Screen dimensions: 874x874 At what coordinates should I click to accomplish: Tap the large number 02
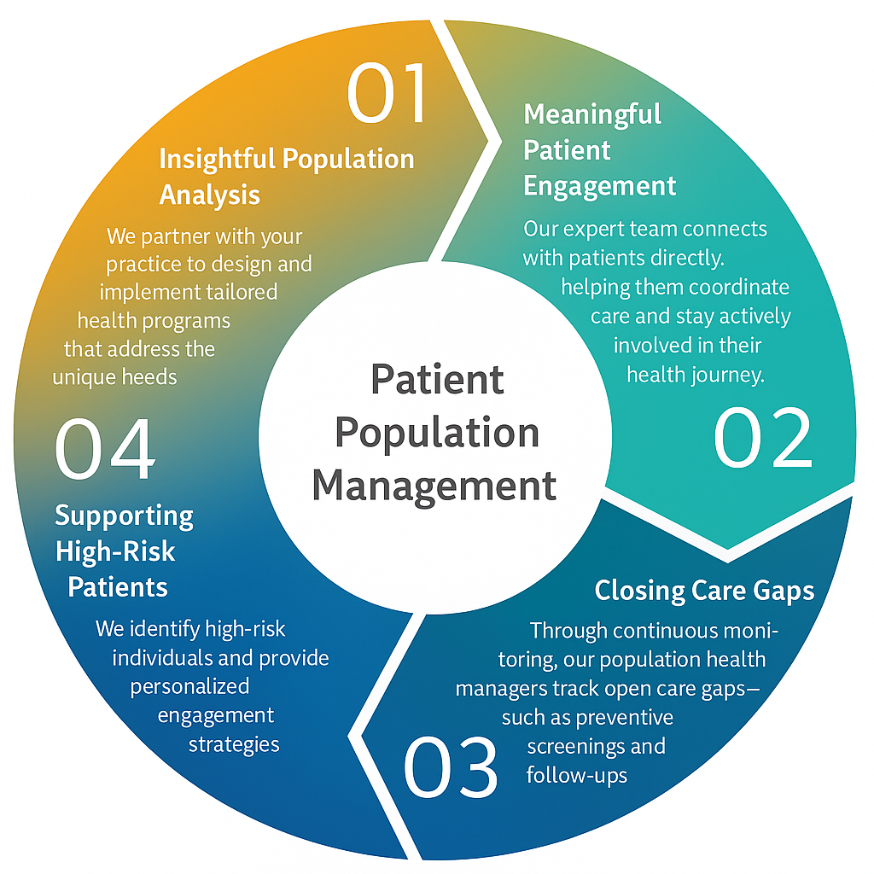(762, 438)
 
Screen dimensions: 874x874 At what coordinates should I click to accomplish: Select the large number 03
(450, 766)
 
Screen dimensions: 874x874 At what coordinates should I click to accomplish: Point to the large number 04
(105, 449)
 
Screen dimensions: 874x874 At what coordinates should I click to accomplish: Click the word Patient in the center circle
(436, 379)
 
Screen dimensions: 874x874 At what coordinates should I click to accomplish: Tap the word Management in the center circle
(434, 485)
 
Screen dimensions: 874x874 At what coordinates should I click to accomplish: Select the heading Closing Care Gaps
(704, 591)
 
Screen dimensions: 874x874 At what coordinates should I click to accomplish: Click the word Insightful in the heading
(217, 159)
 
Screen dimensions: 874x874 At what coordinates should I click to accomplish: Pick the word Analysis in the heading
(210, 195)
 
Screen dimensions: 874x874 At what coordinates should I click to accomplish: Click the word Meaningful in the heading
(592, 114)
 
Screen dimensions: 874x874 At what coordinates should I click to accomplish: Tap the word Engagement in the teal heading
(599, 185)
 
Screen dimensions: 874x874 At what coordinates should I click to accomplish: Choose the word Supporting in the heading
(125, 516)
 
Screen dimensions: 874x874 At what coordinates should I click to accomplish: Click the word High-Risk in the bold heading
(115, 551)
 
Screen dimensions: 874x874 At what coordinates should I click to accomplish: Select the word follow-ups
(577, 775)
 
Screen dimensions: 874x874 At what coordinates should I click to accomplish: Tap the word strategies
(234, 743)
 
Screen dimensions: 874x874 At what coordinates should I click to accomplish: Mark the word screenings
(596, 746)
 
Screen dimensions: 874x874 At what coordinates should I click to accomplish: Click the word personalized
(189, 686)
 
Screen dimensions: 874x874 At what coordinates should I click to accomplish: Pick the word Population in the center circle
(436, 432)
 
